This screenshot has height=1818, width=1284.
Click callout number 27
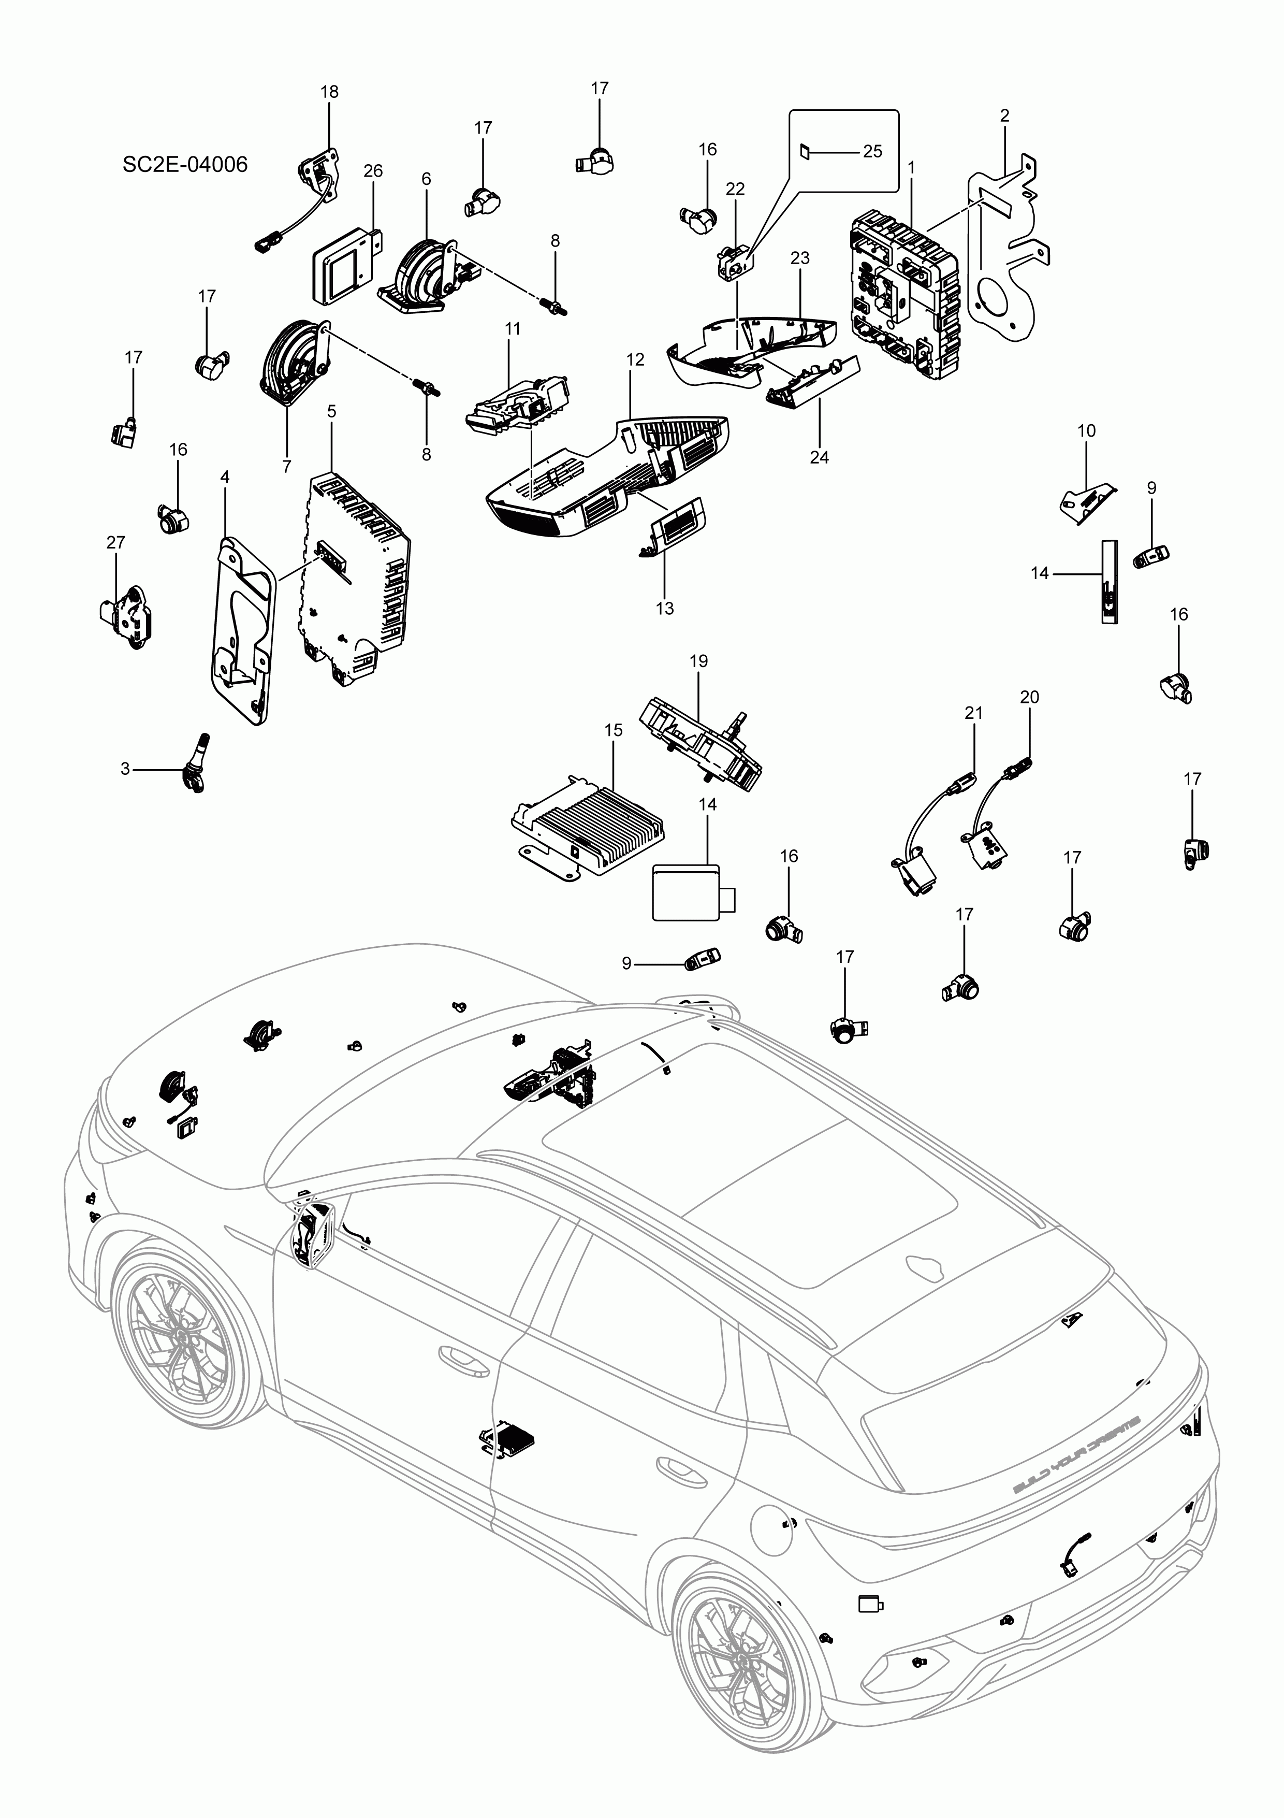point(115,542)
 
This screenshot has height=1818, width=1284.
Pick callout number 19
point(698,661)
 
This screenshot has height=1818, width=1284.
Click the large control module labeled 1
point(902,293)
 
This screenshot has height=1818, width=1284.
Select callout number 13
point(664,608)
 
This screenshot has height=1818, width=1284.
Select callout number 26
point(373,171)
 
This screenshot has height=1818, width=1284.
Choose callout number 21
point(973,713)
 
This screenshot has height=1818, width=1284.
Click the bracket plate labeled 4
point(241,629)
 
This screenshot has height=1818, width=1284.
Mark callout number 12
point(635,359)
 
